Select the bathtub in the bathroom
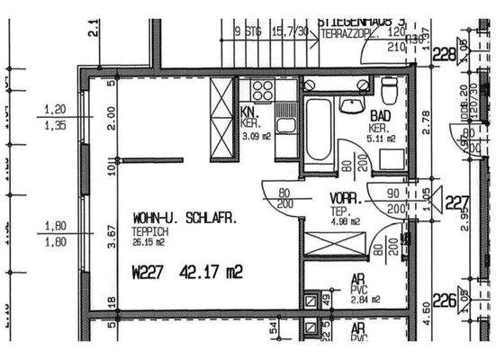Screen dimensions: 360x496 pos(318,129)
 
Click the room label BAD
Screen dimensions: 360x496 pos(379,117)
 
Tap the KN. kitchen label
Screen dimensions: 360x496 pos(248,113)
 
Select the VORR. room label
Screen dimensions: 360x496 pos(346,197)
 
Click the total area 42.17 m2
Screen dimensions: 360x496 pos(212,269)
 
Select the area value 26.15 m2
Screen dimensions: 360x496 pos(149,241)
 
